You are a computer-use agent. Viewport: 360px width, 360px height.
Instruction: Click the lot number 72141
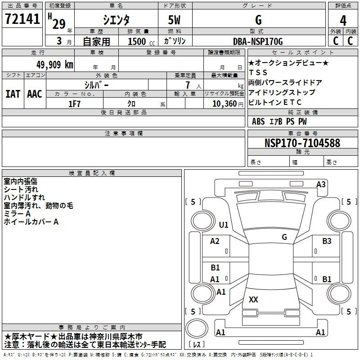(x=22, y=19)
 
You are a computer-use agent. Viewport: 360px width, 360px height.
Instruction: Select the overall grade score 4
(x=343, y=20)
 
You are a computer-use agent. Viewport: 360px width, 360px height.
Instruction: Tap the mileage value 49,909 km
(x=54, y=65)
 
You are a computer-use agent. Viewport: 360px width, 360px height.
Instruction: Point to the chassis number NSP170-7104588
(x=302, y=143)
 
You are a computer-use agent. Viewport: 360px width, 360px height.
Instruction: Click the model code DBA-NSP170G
(x=258, y=41)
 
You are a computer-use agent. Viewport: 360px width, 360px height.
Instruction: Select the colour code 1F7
(x=74, y=104)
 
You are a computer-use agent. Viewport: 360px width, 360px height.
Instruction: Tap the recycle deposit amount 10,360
(x=225, y=103)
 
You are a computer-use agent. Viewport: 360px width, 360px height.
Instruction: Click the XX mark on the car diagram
(x=253, y=299)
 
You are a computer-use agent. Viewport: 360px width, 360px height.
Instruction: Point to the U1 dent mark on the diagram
(x=223, y=225)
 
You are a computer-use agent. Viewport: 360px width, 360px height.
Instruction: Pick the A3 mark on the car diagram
(x=321, y=184)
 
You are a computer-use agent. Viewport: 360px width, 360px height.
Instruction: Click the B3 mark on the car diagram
(x=327, y=241)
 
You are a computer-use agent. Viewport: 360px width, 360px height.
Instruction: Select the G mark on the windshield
(x=284, y=237)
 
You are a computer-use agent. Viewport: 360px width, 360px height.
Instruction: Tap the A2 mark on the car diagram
(x=215, y=241)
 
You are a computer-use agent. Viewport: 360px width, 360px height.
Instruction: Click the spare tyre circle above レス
(x=197, y=328)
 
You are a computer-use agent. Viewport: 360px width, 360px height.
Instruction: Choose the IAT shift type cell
(x=13, y=94)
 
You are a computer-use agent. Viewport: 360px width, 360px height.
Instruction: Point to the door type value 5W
(x=174, y=20)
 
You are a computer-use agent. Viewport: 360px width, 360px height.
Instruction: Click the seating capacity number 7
(x=188, y=85)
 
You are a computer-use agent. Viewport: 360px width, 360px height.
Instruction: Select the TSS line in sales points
(x=258, y=72)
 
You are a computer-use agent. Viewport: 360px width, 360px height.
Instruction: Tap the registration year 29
(x=59, y=24)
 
